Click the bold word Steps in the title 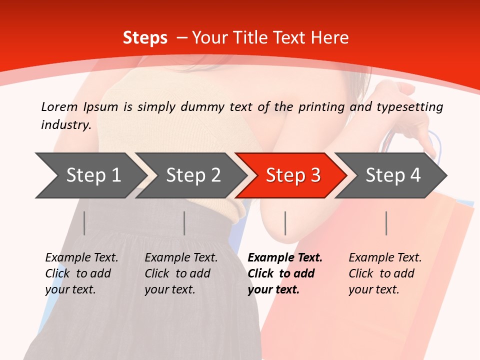point(145,37)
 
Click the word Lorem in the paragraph point(59,106)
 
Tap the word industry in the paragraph point(65,124)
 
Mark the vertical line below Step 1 point(84,223)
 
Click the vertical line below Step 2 point(184,223)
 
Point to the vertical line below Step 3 point(285,223)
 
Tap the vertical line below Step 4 point(386,223)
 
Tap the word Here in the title point(330,37)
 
